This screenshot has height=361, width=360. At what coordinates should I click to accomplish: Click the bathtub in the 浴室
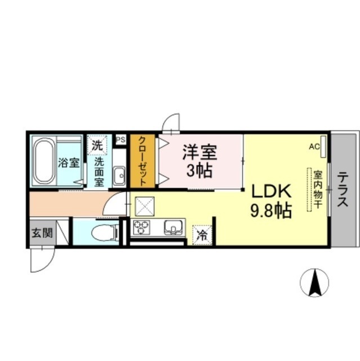pyautogui.click(x=44, y=161)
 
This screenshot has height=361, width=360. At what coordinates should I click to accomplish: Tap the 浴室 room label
pyautogui.click(x=68, y=163)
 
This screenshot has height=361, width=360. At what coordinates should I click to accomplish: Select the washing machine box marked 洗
pyautogui.click(x=97, y=146)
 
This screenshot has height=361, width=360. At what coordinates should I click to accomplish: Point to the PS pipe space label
pyautogui.click(x=121, y=140)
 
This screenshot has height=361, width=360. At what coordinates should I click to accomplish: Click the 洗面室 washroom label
pyautogui.click(x=99, y=172)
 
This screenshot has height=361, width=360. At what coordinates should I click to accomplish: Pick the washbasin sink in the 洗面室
pyautogui.click(x=119, y=175)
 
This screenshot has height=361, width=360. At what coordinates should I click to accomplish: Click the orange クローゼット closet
pyautogui.click(x=143, y=161)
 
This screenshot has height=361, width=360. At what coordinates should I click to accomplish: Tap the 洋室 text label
pyautogui.click(x=199, y=152)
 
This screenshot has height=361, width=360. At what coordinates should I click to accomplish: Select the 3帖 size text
pyautogui.click(x=199, y=171)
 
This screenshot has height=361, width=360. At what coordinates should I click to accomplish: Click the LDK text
pyautogui.click(x=272, y=191)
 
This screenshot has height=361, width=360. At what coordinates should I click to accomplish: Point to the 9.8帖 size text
pyautogui.click(x=271, y=210)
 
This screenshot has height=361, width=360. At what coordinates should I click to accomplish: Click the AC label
pyautogui.click(x=314, y=147)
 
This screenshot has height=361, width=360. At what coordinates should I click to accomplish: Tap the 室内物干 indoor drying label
pyautogui.click(x=318, y=190)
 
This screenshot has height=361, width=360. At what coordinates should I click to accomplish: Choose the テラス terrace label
pyautogui.click(x=343, y=190)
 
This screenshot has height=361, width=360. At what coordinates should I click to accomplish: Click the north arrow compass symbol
pyautogui.click(x=314, y=282)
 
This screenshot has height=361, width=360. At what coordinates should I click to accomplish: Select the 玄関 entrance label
pyautogui.click(x=42, y=233)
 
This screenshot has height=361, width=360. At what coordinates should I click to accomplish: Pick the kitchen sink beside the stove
pyautogui.click(x=174, y=227)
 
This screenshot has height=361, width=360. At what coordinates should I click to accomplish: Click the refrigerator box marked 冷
pyautogui.click(x=202, y=235)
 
